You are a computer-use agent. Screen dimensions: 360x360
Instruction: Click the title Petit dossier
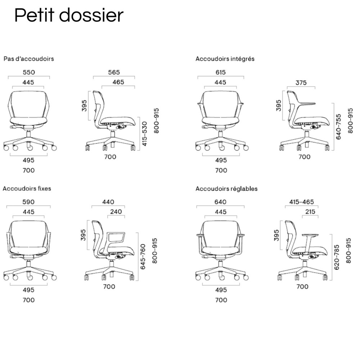click(x=68, y=16)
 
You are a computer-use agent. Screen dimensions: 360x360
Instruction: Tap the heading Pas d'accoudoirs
click(x=29, y=58)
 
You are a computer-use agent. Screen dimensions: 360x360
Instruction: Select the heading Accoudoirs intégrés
click(x=225, y=58)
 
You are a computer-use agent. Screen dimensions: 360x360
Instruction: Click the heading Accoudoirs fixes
click(x=27, y=188)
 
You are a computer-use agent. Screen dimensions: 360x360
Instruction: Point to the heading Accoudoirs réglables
click(x=226, y=189)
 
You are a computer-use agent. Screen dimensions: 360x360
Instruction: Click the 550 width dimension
click(x=29, y=72)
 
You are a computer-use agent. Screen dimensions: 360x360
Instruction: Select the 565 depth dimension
click(x=114, y=72)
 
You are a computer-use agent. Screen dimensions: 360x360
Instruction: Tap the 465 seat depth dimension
click(x=118, y=82)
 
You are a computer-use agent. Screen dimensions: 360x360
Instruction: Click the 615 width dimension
click(x=221, y=72)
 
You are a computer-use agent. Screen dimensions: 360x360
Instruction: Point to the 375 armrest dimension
click(x=301, y=82)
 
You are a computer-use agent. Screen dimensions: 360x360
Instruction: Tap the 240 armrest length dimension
click(x=116, y=212)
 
